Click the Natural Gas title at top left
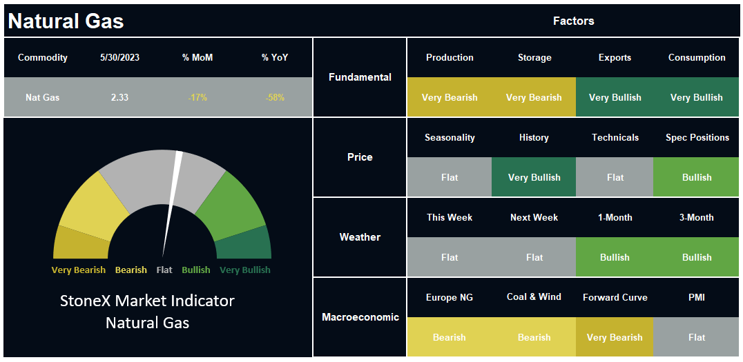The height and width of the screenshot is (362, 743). [66, 21]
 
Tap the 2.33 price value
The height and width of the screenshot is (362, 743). [119, 98]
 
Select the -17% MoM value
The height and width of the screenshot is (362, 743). [197, 98]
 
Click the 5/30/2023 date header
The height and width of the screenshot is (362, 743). [119, 58]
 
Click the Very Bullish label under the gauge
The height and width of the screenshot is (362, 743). [245, 270]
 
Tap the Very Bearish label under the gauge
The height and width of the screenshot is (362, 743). [79, 270]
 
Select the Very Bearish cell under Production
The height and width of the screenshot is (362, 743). [450, 97]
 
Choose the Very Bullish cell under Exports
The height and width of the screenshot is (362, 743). [615, 97]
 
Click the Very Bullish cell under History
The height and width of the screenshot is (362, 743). [534, 177]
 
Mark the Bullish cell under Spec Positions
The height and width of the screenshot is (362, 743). [696, 177]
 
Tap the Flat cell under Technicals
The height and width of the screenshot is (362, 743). [615, 177]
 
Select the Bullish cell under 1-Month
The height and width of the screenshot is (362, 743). [615, 257]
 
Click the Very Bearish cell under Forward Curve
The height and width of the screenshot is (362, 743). [615, 337]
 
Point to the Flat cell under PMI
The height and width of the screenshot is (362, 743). [696, 337]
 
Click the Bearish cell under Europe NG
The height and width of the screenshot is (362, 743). [450, 337]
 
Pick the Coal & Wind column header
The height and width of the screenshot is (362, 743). [534, 297]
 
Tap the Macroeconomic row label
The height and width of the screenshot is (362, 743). [360, 317]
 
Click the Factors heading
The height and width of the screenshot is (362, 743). [573, 21]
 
